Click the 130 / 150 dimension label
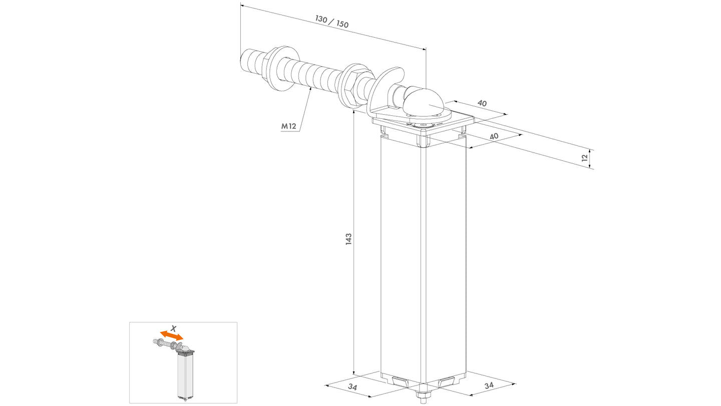pyautogui.click(x=331, y=22)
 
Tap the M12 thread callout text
pyautogui.click(x=288, y=126)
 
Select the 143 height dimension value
pyautogui.click(x=348, y=240)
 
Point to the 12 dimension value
pyautogui.click(x=585, y=158)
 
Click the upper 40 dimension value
pyautogui.click(x=482, y=103)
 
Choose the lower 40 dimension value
pyautogui.click(x=494, y=136)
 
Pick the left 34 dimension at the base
pyautogui.click(x=353, y=387)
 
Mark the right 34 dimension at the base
pyautogui.click(x=489, y=385)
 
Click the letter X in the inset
pyautogui.click(x=173, y=329)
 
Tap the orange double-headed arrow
pyautogui.click(x=172, y=335)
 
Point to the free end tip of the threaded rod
pyautogui.click(x=242, y=61)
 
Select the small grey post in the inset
pyautogui.click(x=186, y=376)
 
